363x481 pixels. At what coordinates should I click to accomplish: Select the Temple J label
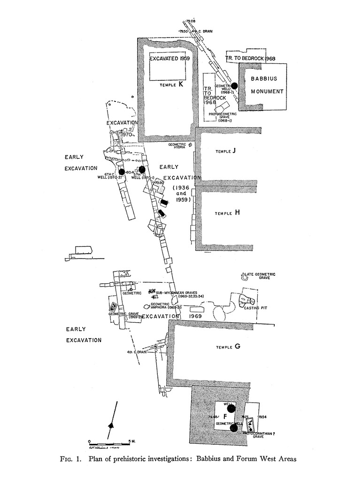225,151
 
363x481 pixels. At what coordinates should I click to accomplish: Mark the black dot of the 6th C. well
121,171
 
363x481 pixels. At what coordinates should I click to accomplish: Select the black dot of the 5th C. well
141,169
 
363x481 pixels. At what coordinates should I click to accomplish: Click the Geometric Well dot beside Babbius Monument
235,85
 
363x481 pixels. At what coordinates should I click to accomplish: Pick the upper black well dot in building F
231,408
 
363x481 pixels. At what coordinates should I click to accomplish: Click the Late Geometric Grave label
260,276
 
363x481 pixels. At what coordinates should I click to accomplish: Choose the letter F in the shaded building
225,416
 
